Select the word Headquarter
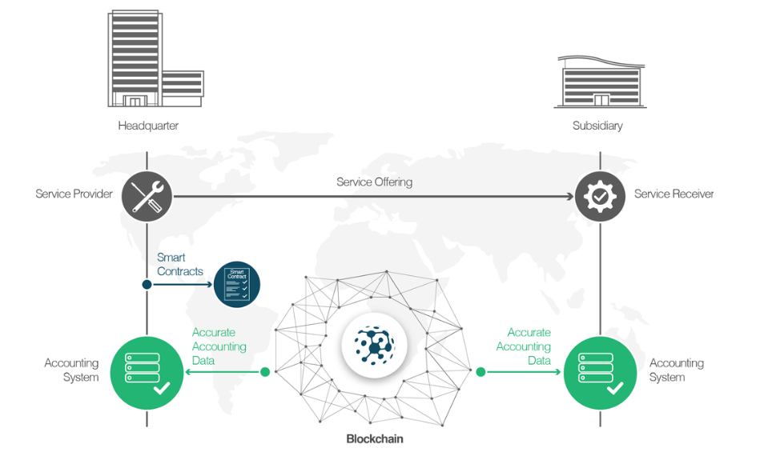(148, 126)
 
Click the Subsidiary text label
(597, 126)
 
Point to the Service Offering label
(374, 182)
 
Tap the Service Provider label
(74, 194)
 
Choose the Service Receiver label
(674, 194)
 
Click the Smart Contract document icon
(237, 284)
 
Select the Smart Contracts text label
(180, 265)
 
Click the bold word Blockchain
(374, 438)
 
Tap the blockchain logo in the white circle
(374, 345)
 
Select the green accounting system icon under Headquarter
(147, 373)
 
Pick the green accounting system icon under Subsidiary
(600, 373)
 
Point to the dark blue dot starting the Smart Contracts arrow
(147, 284)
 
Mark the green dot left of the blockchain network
(265, 372)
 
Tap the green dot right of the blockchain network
(481, 372)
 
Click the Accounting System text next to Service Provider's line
(71, 370)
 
